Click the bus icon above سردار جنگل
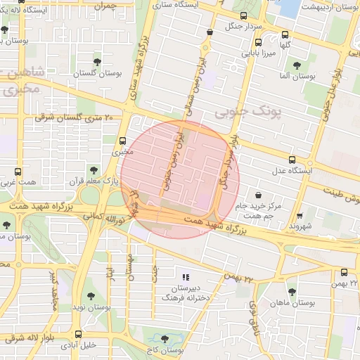click(x=243, y=16)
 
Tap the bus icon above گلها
click(x=285, y=34)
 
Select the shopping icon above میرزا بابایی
click(x=210, y=32)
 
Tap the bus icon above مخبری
click(x=124, y=140)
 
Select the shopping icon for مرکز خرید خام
click(x=259, y=194)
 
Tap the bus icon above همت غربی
click(x=18, y=171)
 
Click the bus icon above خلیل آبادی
click(x=78, y=335)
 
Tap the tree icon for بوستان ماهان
click(x=292, y=291)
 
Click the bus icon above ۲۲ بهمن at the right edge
click(x=344, y=272)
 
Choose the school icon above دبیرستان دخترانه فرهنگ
click(x=186, y=278)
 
